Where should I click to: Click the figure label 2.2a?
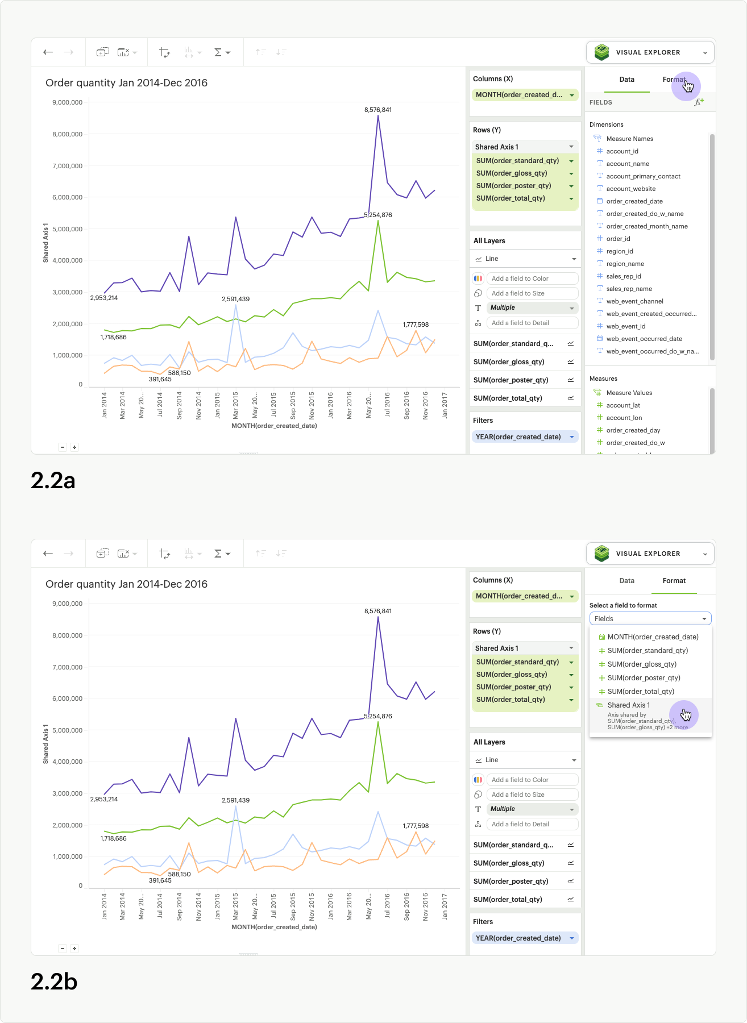click(53, 481)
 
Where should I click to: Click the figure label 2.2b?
click(53, 982)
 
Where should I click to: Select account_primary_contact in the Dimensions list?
click(643, 176)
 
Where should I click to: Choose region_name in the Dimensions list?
click(625, 264)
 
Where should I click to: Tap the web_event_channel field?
click(634, 301)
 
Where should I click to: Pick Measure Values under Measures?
click(629, 393)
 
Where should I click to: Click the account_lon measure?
click(624, 418)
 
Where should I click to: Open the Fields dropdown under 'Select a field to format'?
click(650, 619)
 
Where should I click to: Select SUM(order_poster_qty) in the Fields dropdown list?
click(644, 678)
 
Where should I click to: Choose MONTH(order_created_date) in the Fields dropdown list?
click(653, 637)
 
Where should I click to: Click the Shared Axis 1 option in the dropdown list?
click(629, 705)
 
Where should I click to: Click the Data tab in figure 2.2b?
click(626, 581)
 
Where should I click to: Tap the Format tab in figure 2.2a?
click(674, 80)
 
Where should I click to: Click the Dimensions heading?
click(606, 124)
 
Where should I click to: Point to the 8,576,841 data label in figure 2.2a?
click(378, 110)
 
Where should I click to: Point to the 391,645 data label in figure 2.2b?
click(160, 880)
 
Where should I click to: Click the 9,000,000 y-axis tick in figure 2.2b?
click(67, 604)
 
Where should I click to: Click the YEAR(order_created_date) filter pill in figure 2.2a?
click(518, 437)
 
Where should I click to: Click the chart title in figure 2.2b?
click(126, 584)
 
